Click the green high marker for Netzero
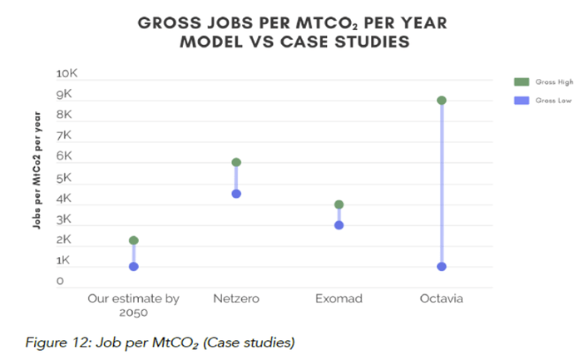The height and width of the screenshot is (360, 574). coord(236,162)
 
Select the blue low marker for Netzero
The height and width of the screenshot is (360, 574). coord(236,194)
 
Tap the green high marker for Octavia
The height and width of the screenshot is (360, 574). coord(442,100)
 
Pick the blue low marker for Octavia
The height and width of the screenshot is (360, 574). coord(442,267)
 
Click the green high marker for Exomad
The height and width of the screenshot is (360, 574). coord(339,205)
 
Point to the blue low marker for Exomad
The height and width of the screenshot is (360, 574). coord(339,224)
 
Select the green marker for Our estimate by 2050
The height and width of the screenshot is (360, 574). coord(133,240)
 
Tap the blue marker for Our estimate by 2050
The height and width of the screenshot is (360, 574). coord(133,267)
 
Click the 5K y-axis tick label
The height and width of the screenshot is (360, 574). coord(64,178)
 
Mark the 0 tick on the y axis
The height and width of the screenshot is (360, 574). coord(60,282)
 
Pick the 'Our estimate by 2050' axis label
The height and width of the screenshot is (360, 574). coord(133,304)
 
